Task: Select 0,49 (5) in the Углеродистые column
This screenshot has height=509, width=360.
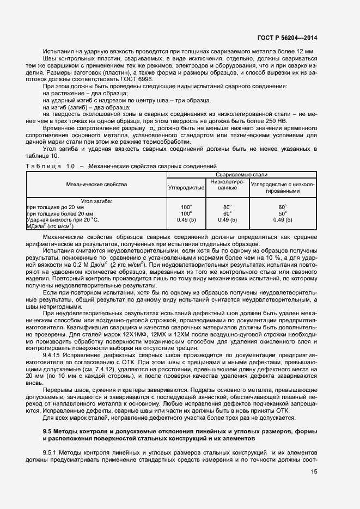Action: (187, 219)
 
